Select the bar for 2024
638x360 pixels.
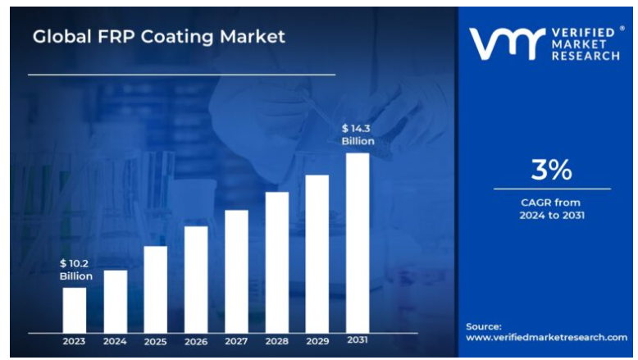115,301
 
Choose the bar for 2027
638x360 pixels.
236,271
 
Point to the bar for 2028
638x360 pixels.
276,262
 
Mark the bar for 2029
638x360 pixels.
317,253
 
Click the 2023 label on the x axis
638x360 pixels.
75,340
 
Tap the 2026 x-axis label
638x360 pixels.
196,340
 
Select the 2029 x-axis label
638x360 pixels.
317,340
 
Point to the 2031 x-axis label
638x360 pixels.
358,340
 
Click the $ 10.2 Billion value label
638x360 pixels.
75,270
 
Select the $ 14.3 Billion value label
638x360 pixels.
358,134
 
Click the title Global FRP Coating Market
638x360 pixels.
159,37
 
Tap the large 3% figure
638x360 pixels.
551,170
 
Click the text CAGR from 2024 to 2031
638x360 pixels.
551,208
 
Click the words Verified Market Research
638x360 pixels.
586,43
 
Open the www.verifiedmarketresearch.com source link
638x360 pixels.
546,337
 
